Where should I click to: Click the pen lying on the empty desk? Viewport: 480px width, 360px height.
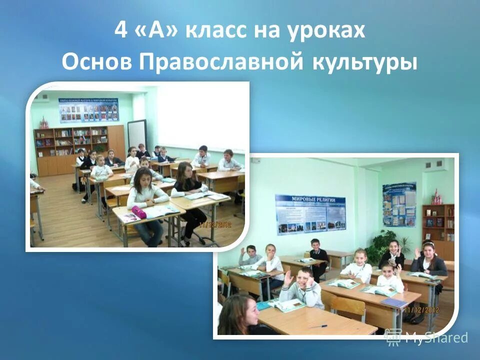(x=316, y=325)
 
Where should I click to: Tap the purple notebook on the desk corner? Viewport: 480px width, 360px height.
(x=394, y=302)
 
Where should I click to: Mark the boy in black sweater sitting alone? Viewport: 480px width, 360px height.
(x=317, y=255)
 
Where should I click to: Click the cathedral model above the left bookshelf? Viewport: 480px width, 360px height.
(x=43, y=122)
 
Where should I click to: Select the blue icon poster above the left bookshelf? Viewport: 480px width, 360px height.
(x=89, y=109)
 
